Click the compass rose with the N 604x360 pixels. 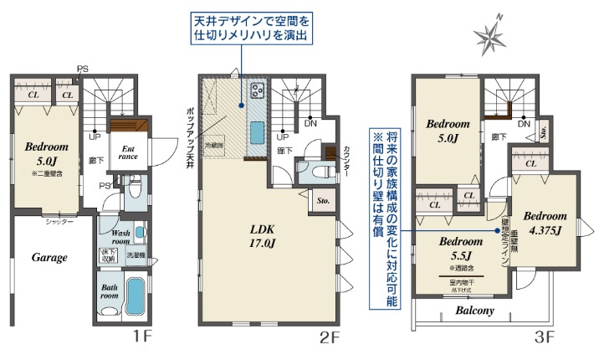coord(492,35)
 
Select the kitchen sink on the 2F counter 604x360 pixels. coord(257,131)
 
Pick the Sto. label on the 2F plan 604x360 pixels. coord(323,201)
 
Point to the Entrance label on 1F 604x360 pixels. coord(127,151)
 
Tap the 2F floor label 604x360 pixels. coord(330,338)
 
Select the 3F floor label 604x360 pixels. coord(545,338)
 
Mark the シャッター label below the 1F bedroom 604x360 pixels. coord(59,222)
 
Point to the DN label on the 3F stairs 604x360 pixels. coord(524,124)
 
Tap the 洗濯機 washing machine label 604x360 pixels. coord(135,254)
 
